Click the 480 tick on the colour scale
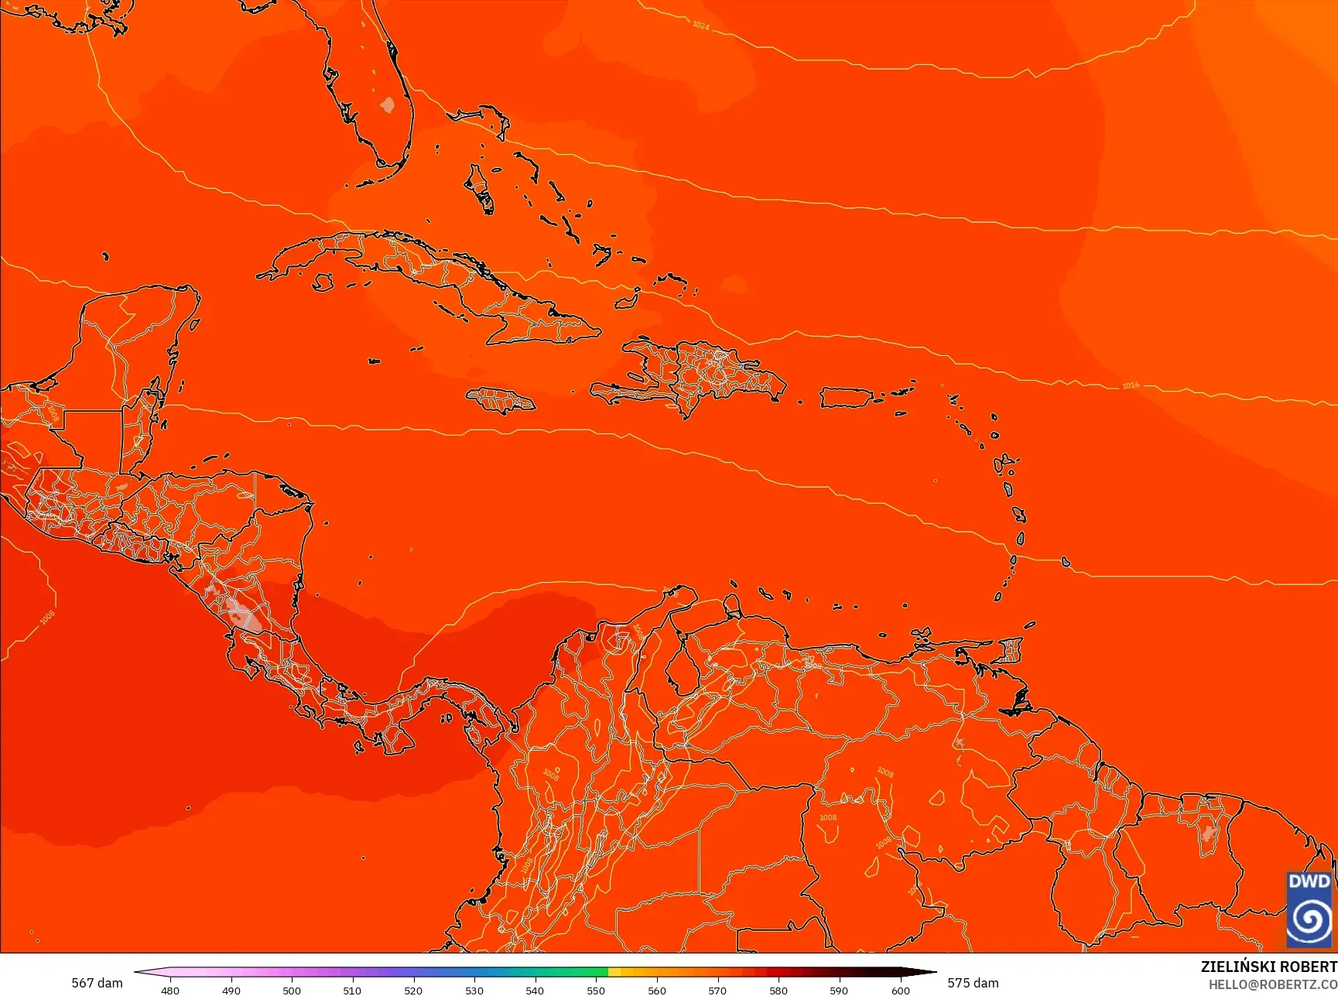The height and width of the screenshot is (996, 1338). click(x=170, y=990)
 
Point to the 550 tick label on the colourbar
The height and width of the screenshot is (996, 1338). click(x=596, y=990)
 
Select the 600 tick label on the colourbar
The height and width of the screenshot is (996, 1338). click(x=901, y=990)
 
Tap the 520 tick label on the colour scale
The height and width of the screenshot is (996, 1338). click(x=413, y=990)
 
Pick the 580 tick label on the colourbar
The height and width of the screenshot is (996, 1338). click(x=779, y=990)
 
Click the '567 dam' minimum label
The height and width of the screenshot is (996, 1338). click(x=97, y=983)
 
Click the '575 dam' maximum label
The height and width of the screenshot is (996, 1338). click(x=973, y=983)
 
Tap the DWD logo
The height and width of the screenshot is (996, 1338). click(x=1309, y=909)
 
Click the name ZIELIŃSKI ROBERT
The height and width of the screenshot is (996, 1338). click(x=1268, y=967)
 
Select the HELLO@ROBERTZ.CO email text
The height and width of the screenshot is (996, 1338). click(x=1273, y=984)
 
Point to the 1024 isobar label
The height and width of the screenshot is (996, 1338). click(x=700, y=26)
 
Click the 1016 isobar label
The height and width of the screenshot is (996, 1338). click(x=1131, y=385)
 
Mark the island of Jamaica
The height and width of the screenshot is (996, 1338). click(x=501, y=400)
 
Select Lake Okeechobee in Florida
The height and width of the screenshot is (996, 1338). click(x=388, y=104)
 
